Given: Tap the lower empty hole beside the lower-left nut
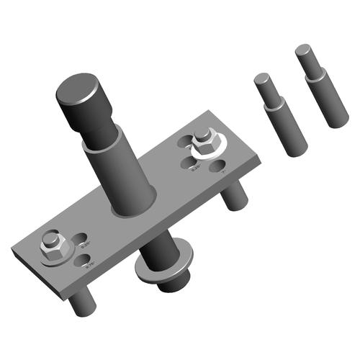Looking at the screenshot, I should click(86, 261).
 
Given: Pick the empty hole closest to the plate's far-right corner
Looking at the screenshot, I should click(219, 168).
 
